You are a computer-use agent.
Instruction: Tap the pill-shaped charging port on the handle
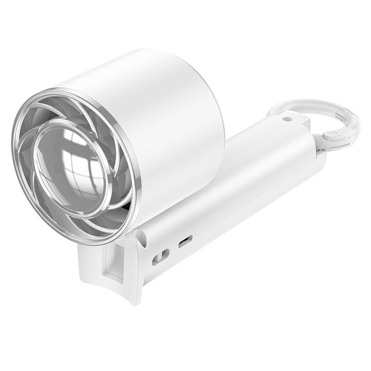click(185, 241)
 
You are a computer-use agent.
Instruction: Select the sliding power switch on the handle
click(161, 256)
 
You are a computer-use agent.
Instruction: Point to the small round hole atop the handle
click(288, 119)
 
